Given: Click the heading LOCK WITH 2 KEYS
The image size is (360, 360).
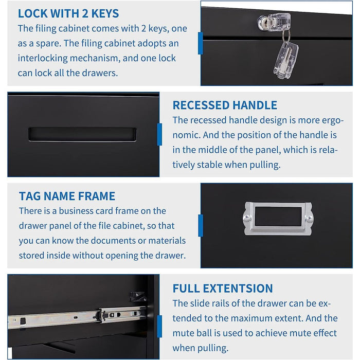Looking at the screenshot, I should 68,13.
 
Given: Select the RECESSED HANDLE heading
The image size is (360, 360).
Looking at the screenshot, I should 225,105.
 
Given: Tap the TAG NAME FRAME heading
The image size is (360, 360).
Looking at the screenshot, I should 67,196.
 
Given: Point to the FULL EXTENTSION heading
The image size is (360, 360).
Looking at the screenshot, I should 223,289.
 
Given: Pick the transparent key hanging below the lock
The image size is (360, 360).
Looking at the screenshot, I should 285,59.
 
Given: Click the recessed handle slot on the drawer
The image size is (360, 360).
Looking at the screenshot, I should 82,134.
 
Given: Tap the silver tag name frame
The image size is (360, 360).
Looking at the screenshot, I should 278,218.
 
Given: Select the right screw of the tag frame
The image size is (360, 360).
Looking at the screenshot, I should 309,219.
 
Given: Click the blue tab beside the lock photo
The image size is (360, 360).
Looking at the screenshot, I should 200,43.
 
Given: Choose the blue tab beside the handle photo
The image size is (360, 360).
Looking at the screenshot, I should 159,134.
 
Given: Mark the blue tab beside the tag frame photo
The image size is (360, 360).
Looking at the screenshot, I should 200,226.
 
